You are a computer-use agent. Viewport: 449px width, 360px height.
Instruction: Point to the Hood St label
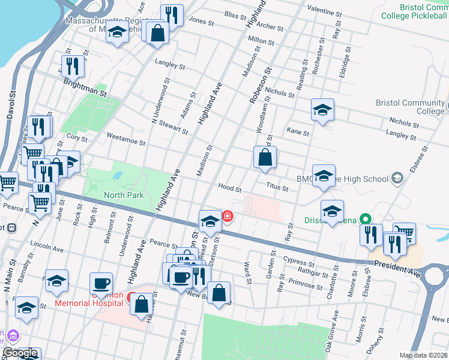(x=230, y=188)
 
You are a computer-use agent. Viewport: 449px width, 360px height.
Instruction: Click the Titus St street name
(x=277, y=187)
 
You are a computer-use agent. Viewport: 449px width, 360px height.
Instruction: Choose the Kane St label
(x=298, y=131)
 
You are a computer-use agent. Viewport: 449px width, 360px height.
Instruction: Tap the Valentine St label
(x=324, y=11)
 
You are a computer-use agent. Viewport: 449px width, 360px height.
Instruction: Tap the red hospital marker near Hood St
(x=228, y=217)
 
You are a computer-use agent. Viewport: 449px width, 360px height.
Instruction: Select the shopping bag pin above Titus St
(x=265, y=158)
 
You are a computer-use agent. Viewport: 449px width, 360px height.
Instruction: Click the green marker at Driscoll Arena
(x=363, y=220)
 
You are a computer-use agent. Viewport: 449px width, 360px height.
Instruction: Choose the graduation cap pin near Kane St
(x=322, y=110)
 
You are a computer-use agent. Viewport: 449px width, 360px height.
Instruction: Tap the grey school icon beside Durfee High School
(x=396, y=178)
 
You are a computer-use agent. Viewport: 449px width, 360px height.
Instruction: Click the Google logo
(x=20, y=353)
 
